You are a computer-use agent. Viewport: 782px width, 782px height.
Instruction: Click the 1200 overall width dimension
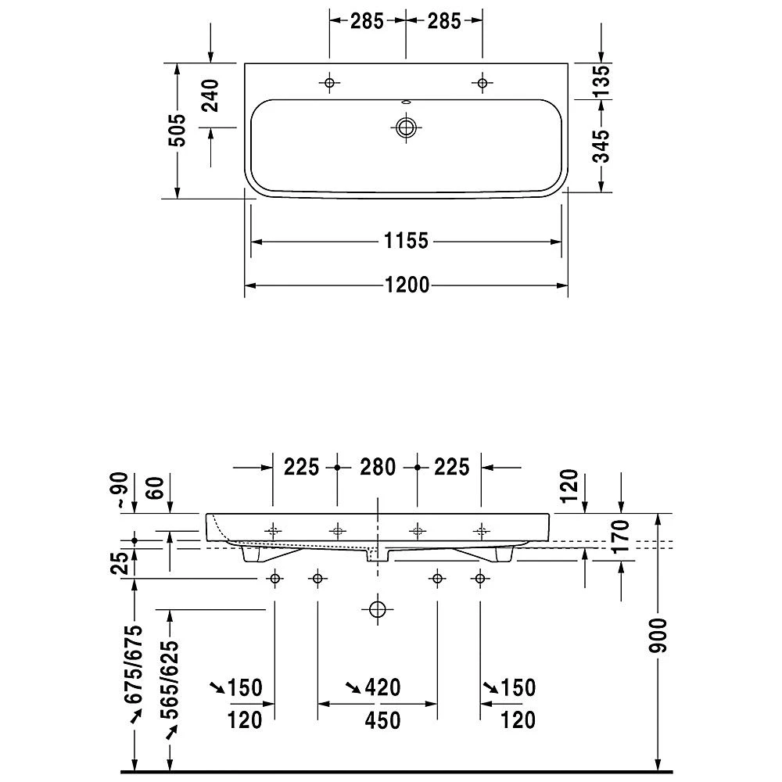pyautogui.click(x=407, y=285)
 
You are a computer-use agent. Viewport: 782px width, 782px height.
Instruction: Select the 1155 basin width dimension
pyautogui.click(x=406, y=242)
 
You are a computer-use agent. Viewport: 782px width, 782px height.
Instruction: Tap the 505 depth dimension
pyautogui.click(x=178, y=130)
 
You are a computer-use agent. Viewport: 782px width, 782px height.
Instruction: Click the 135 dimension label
pyautogui.click(x=602, y=81)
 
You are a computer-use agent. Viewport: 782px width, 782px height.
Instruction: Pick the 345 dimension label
pyautogui.click(x=602, y=146)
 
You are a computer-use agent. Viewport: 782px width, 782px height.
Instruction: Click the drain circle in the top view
pyautogui.click(x=406, y=127)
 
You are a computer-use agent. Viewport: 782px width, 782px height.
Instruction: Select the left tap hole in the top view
pyautogui.click(x=329, y=83)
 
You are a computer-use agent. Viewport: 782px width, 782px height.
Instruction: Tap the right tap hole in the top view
pyautogui.click(x=482, y=83)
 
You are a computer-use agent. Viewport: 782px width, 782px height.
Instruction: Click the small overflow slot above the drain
pyautogui.click(x=406, y=102)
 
